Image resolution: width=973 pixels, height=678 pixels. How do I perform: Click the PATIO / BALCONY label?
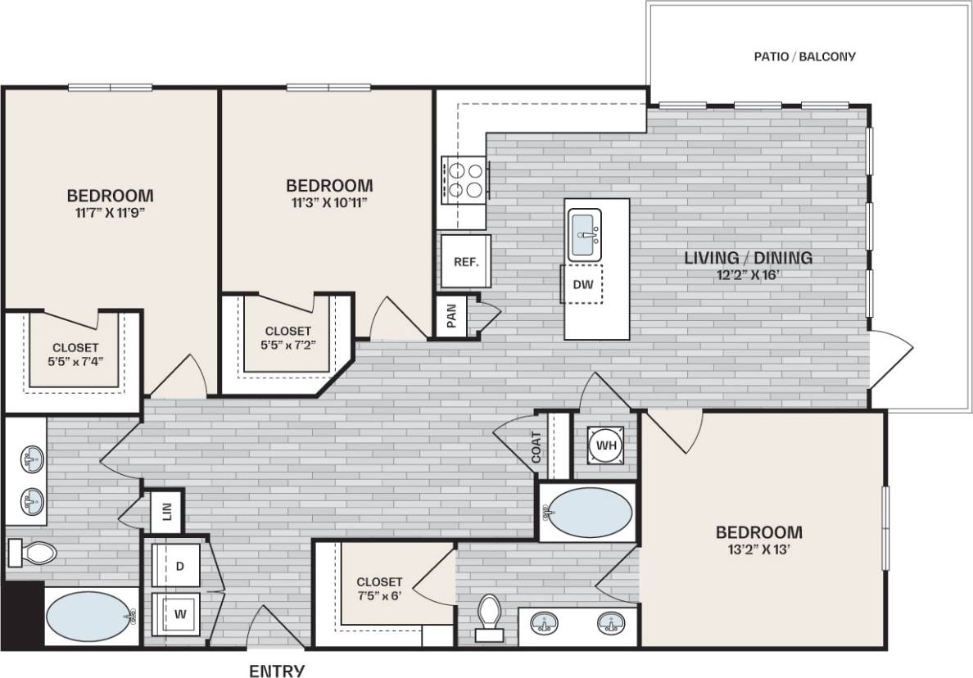pos(803,56)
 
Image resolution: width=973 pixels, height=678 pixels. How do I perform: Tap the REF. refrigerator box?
pos(465,262)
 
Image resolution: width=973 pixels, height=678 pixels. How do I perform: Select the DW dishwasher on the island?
pos(582,284)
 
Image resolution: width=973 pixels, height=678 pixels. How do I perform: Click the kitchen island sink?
pos(585,234)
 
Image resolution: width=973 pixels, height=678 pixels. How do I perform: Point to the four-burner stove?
pos(464,180)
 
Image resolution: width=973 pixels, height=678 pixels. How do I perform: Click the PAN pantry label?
pos(451,315)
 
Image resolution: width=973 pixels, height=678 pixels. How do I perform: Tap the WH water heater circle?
pos(606,445)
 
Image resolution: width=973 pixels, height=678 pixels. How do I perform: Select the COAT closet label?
pos(537,447)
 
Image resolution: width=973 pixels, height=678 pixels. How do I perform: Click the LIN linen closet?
pos(167,512)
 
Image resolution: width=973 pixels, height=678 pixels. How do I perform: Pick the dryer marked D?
pos(179,565)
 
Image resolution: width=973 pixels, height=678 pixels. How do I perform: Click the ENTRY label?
pos(277,670)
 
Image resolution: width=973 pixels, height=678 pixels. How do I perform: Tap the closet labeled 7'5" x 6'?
pos(379,589)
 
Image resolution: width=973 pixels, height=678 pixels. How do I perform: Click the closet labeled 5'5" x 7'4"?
pos(75,353)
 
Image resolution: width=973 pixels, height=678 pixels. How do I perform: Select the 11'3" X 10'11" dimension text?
pos(329,202)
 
